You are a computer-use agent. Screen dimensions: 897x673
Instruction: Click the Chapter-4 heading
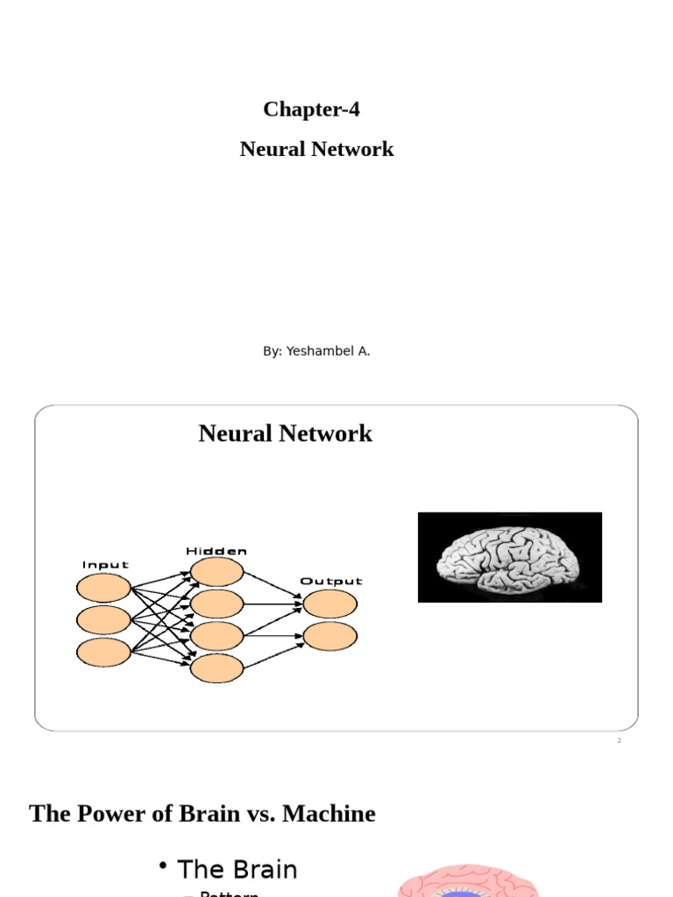(311, 109)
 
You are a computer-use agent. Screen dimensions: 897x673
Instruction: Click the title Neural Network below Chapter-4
(316, 149)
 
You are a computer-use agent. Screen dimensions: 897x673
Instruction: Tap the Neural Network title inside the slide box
(285, 434)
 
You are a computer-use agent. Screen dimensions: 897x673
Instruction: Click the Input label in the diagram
(105, 565)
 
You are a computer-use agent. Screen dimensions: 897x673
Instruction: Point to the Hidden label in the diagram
(216, 551)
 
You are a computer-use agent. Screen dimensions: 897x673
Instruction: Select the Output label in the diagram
(330, 581)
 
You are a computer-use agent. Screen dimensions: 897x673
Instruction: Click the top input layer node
(104, 588)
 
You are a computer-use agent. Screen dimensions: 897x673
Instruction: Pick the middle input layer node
(104, 620)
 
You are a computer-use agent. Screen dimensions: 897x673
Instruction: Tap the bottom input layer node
(104, 652)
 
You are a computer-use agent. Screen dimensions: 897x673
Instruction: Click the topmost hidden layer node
(216, 572)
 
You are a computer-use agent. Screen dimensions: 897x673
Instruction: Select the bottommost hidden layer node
(216, 668)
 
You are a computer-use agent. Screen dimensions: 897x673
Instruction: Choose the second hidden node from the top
(216, 604)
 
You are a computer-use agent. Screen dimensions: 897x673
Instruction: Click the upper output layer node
(330, 604)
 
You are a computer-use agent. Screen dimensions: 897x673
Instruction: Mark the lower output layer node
(330, 636)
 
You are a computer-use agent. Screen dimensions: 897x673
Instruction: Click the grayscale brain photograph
(509, 557)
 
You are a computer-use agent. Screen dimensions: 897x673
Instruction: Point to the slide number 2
(619, 741)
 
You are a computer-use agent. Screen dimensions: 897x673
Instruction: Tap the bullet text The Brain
(237, 870)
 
